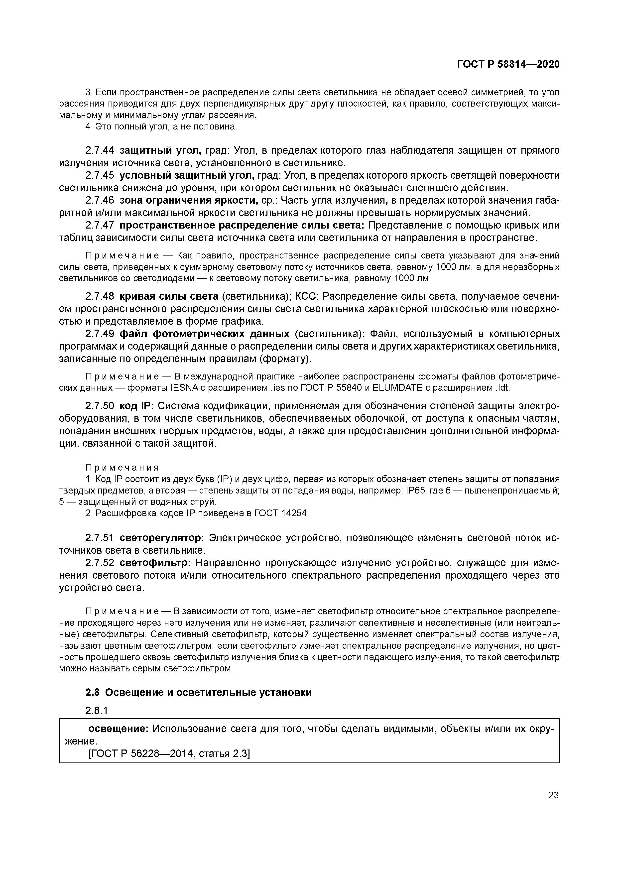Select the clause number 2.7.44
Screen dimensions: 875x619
pos(100,150)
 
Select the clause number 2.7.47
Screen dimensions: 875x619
pos(100,226)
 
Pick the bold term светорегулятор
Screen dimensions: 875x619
pos(162,538)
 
